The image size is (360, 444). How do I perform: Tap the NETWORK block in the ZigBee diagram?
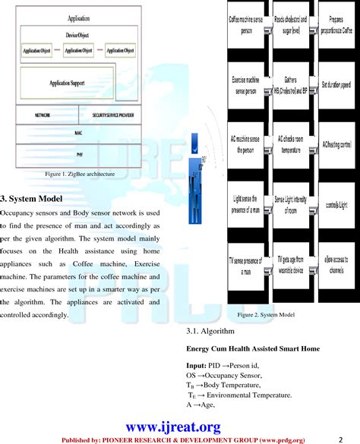[x=43, y=115]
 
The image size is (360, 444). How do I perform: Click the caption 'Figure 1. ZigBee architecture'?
[x=80, y=174]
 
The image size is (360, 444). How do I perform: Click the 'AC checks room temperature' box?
[x=291, y=144]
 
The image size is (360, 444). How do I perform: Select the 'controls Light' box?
[x=336, y=205]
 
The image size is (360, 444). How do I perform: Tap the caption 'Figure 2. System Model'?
[x=265, y=314]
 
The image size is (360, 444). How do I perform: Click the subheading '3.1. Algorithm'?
[x=210, y=332]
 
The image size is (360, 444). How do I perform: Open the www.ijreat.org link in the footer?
[x=178, y=427]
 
